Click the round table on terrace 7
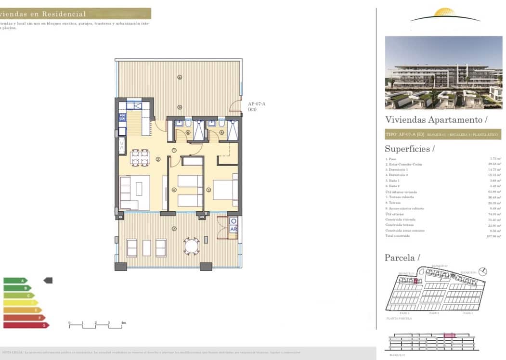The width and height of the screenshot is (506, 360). tap(191, 247)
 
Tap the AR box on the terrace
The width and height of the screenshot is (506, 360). tap(234, 230)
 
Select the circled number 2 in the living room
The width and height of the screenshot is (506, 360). tap(158, 160)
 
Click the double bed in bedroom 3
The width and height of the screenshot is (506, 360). tap(225, 190)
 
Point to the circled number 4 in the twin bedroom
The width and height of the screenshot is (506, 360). tap(174, 190)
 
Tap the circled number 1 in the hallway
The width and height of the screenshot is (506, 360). tap(173, 150)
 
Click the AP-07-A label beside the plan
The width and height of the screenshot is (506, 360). tap(257, 104)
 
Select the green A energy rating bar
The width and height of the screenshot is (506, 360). tap(15, 281)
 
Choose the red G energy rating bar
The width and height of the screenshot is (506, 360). tap(26, 325)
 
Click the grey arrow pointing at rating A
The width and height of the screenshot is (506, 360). tap(48, 280)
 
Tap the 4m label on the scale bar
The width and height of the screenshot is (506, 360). tap(123, 322)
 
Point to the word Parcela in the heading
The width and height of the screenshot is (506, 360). tap(399, 258)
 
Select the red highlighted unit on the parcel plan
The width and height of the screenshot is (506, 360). tap(415, 281)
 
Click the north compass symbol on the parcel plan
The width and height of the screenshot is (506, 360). tap(483, 271)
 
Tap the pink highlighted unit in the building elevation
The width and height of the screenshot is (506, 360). tap(449, 335)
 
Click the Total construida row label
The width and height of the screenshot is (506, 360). tap(397, 236)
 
